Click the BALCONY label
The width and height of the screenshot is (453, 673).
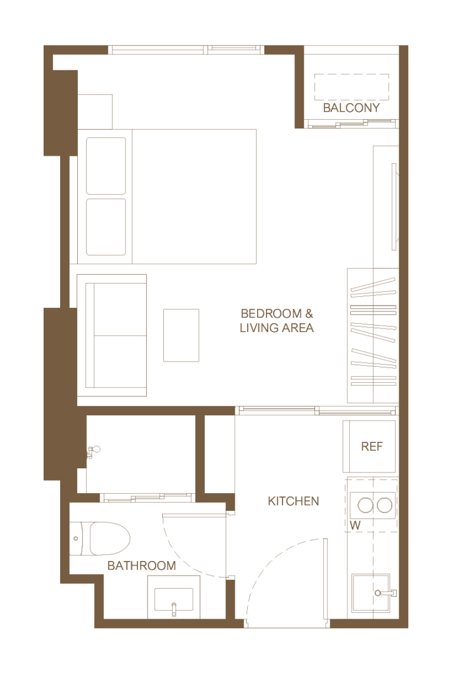coord(351,108)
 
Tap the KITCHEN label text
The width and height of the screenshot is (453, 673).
coord(293,501)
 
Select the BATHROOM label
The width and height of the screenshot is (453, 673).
coord(141,566)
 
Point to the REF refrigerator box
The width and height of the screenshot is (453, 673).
coord(369,447)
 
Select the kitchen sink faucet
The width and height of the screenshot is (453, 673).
coord(385,593)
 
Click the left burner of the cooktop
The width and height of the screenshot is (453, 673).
coord(365,505)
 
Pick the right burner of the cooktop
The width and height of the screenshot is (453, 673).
coord(385,505)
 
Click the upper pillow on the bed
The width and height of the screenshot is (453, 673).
coord(106,166)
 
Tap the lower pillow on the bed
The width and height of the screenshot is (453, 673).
coord(106,227)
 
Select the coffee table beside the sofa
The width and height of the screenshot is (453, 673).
coord(181,335)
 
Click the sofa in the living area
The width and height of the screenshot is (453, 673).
coord(112,335)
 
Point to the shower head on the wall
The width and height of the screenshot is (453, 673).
coord(93,452)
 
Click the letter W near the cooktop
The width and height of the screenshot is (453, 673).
coord(355,526)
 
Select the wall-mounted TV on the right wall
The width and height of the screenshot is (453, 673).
coord(394,206)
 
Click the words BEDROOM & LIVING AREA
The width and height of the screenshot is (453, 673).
coord(277,321)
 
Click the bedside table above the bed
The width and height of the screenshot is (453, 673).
coord(95,111)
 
